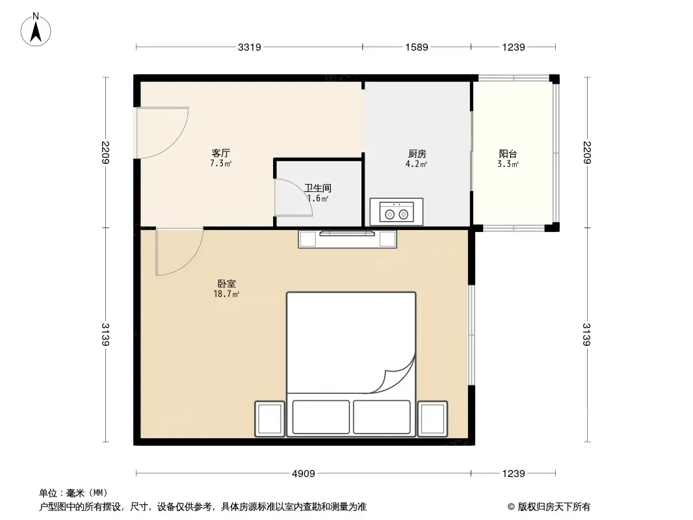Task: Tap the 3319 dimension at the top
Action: (x=250, y=47)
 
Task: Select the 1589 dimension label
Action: (x=417, y=47)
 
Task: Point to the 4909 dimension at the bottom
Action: (x=304, y=474)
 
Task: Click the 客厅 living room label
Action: (x=220, y=153)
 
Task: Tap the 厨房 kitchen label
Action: (x=417, y=154)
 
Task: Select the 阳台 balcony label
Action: (x=508, y=154)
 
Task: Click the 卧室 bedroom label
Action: (x=227, y=283)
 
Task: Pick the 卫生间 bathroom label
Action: (x=318, y=188)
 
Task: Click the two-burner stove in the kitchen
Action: (x=397, y=212)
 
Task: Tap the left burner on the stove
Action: (x=389, y=214)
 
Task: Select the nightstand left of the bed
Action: (x=270, y=419)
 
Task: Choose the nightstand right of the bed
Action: (x=433, y=419)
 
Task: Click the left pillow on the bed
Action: (x=321, y=417)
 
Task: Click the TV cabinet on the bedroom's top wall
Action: (x=347, y=239)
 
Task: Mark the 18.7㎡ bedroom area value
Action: (x=227, y=294)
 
